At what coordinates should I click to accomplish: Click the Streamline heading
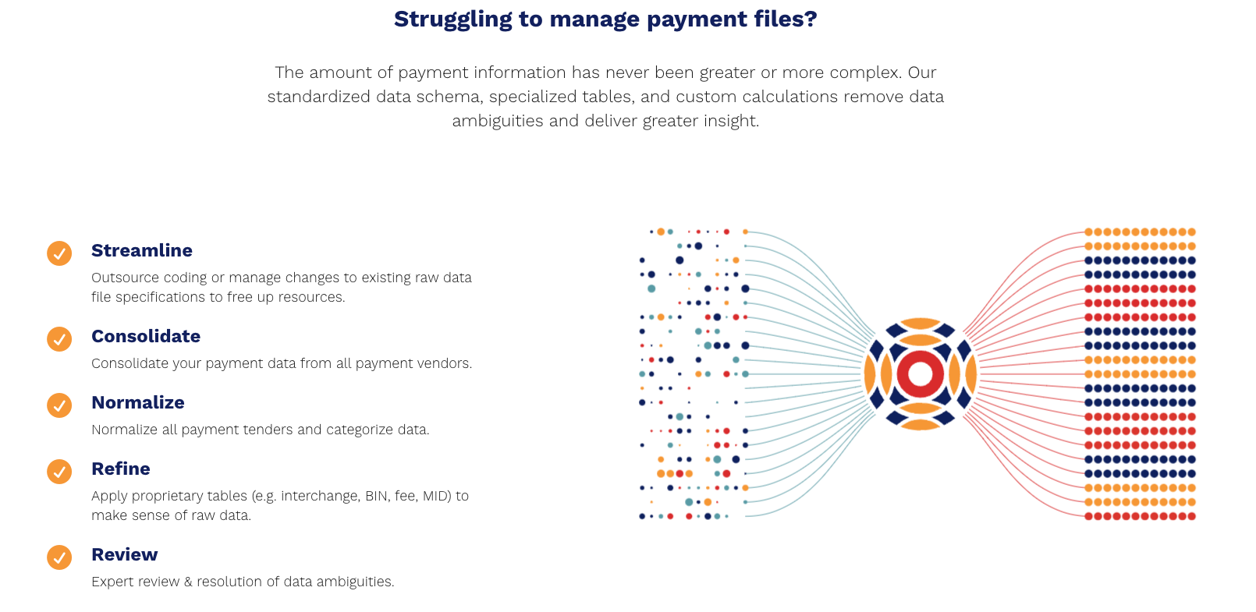tap(142, 250)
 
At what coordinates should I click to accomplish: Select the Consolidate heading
tap(146, 336)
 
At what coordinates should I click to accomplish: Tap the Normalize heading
tap(138, 402)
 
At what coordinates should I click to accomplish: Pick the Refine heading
tap(121, 469)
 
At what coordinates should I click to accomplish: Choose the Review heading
tap(125, 554)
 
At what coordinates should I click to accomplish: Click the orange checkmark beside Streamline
tap(59, 253)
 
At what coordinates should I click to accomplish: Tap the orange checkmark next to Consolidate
tap(59, 339)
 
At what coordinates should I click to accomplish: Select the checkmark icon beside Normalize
tap(59, 405)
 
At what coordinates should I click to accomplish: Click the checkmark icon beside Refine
tap(59, 472)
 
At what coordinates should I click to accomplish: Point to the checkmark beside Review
tap(59, 557)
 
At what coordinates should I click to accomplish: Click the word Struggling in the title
tap(453, 19)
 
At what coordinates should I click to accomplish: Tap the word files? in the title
tap(786, 19)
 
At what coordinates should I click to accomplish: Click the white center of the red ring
tap(920, 373)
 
